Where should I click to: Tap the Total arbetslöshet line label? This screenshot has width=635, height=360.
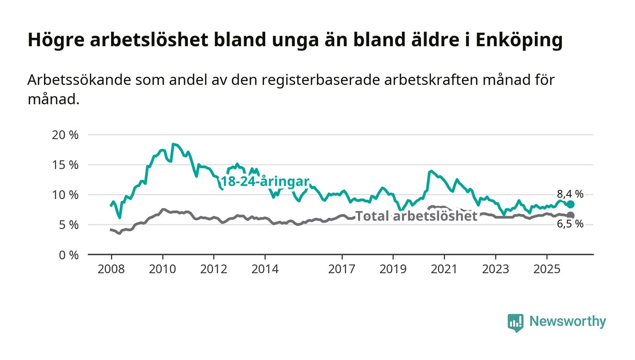(x=416, y=216)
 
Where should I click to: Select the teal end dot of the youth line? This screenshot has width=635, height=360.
(x=571, y=204)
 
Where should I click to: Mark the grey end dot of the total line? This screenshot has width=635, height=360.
(x=571, y=215)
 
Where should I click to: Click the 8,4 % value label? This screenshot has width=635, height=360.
(x=570, y=194)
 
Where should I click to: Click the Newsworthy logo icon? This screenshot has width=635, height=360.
(x=515, y=322)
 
